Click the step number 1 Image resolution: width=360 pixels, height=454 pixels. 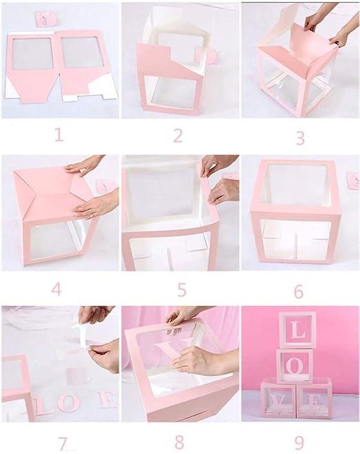point(59,134)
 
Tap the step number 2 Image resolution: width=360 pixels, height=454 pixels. point(178,135)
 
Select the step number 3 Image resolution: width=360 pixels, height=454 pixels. point(300,138)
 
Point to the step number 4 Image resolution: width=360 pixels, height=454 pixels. point(57,289)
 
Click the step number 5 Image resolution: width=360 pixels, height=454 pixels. point(181,290)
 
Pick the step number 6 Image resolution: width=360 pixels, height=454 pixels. point(298,291)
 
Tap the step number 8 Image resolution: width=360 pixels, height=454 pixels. point(179,442)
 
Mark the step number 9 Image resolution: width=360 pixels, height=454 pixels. point(299,443)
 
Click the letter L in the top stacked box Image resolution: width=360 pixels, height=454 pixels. point(298,331)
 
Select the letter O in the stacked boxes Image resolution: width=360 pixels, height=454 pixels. point(294,366)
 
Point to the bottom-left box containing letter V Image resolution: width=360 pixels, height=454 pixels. point(278,399)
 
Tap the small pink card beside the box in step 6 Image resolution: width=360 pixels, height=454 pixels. point(353,181)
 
